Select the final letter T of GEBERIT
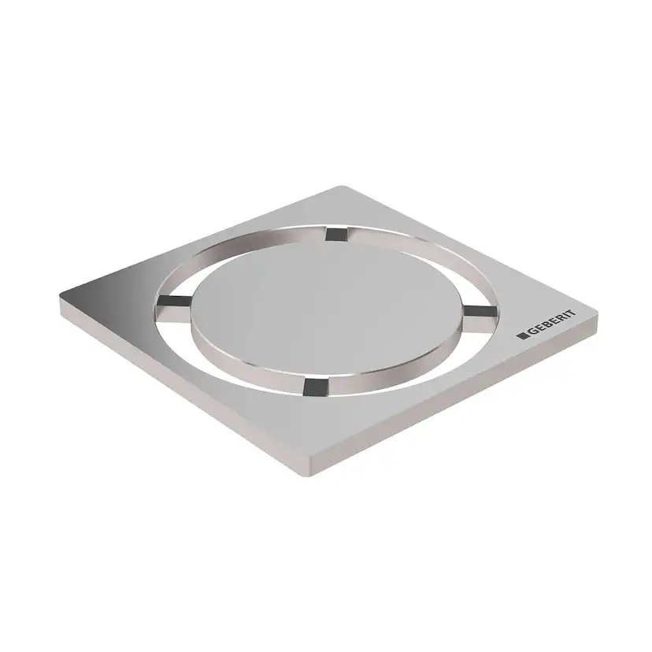(x=571, y=313)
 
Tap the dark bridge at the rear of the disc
(x=335, y=233)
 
